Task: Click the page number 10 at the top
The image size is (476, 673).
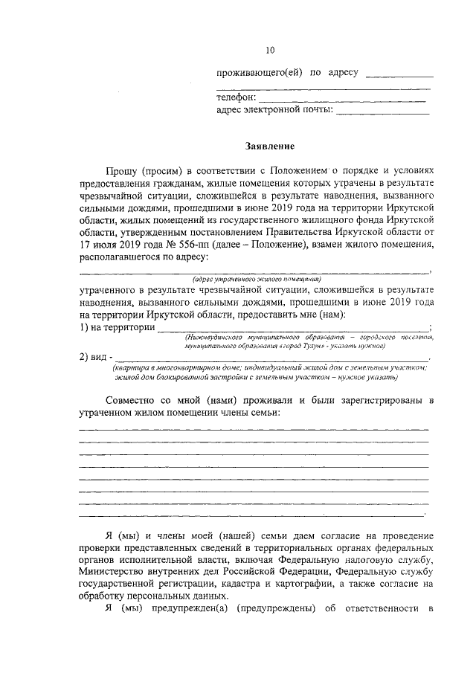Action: (270, 50)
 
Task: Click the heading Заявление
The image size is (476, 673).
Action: (270, 146)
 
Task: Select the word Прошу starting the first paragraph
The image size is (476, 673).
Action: (121, 170)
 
